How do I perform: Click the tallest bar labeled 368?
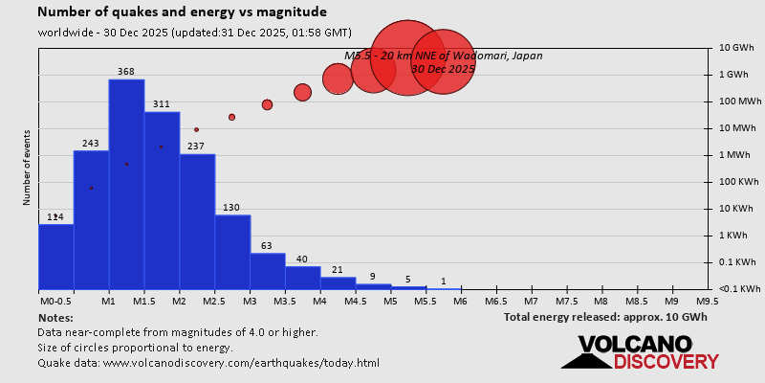(126, 182)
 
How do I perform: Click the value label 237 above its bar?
(196, 146)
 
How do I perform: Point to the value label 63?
(267, 246)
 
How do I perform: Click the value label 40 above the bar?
(302, 259)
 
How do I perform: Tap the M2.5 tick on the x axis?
(214, 300)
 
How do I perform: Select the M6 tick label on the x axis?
(460, 300)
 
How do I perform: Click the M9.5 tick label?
(707, 300)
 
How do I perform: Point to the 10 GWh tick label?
(737, 48)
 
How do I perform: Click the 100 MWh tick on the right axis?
(739, 101)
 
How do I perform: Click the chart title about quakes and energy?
(182, 12)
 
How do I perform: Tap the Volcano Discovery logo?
(640, 351)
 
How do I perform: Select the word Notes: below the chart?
(55, 316)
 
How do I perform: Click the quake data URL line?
(208, 363)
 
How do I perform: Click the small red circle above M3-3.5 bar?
(268, 104)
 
